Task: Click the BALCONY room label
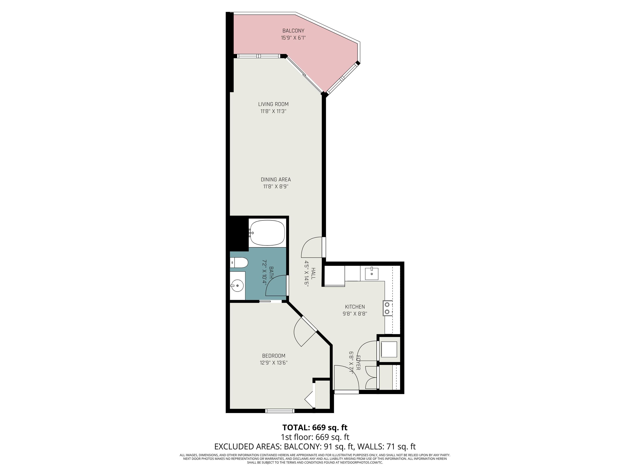click(293, 31)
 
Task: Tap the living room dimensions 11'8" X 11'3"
click(273, 111)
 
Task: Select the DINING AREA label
click(275, 179)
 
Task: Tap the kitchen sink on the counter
click(372, 273)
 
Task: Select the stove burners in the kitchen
click(387, 308)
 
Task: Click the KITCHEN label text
click(355, 307)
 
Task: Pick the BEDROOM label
click(273, 356)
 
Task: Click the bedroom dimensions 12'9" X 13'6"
click(273, 363)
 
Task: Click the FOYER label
click(358, 363)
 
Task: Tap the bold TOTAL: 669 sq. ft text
click(315, 428)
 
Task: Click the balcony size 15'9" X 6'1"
click(293, 38)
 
